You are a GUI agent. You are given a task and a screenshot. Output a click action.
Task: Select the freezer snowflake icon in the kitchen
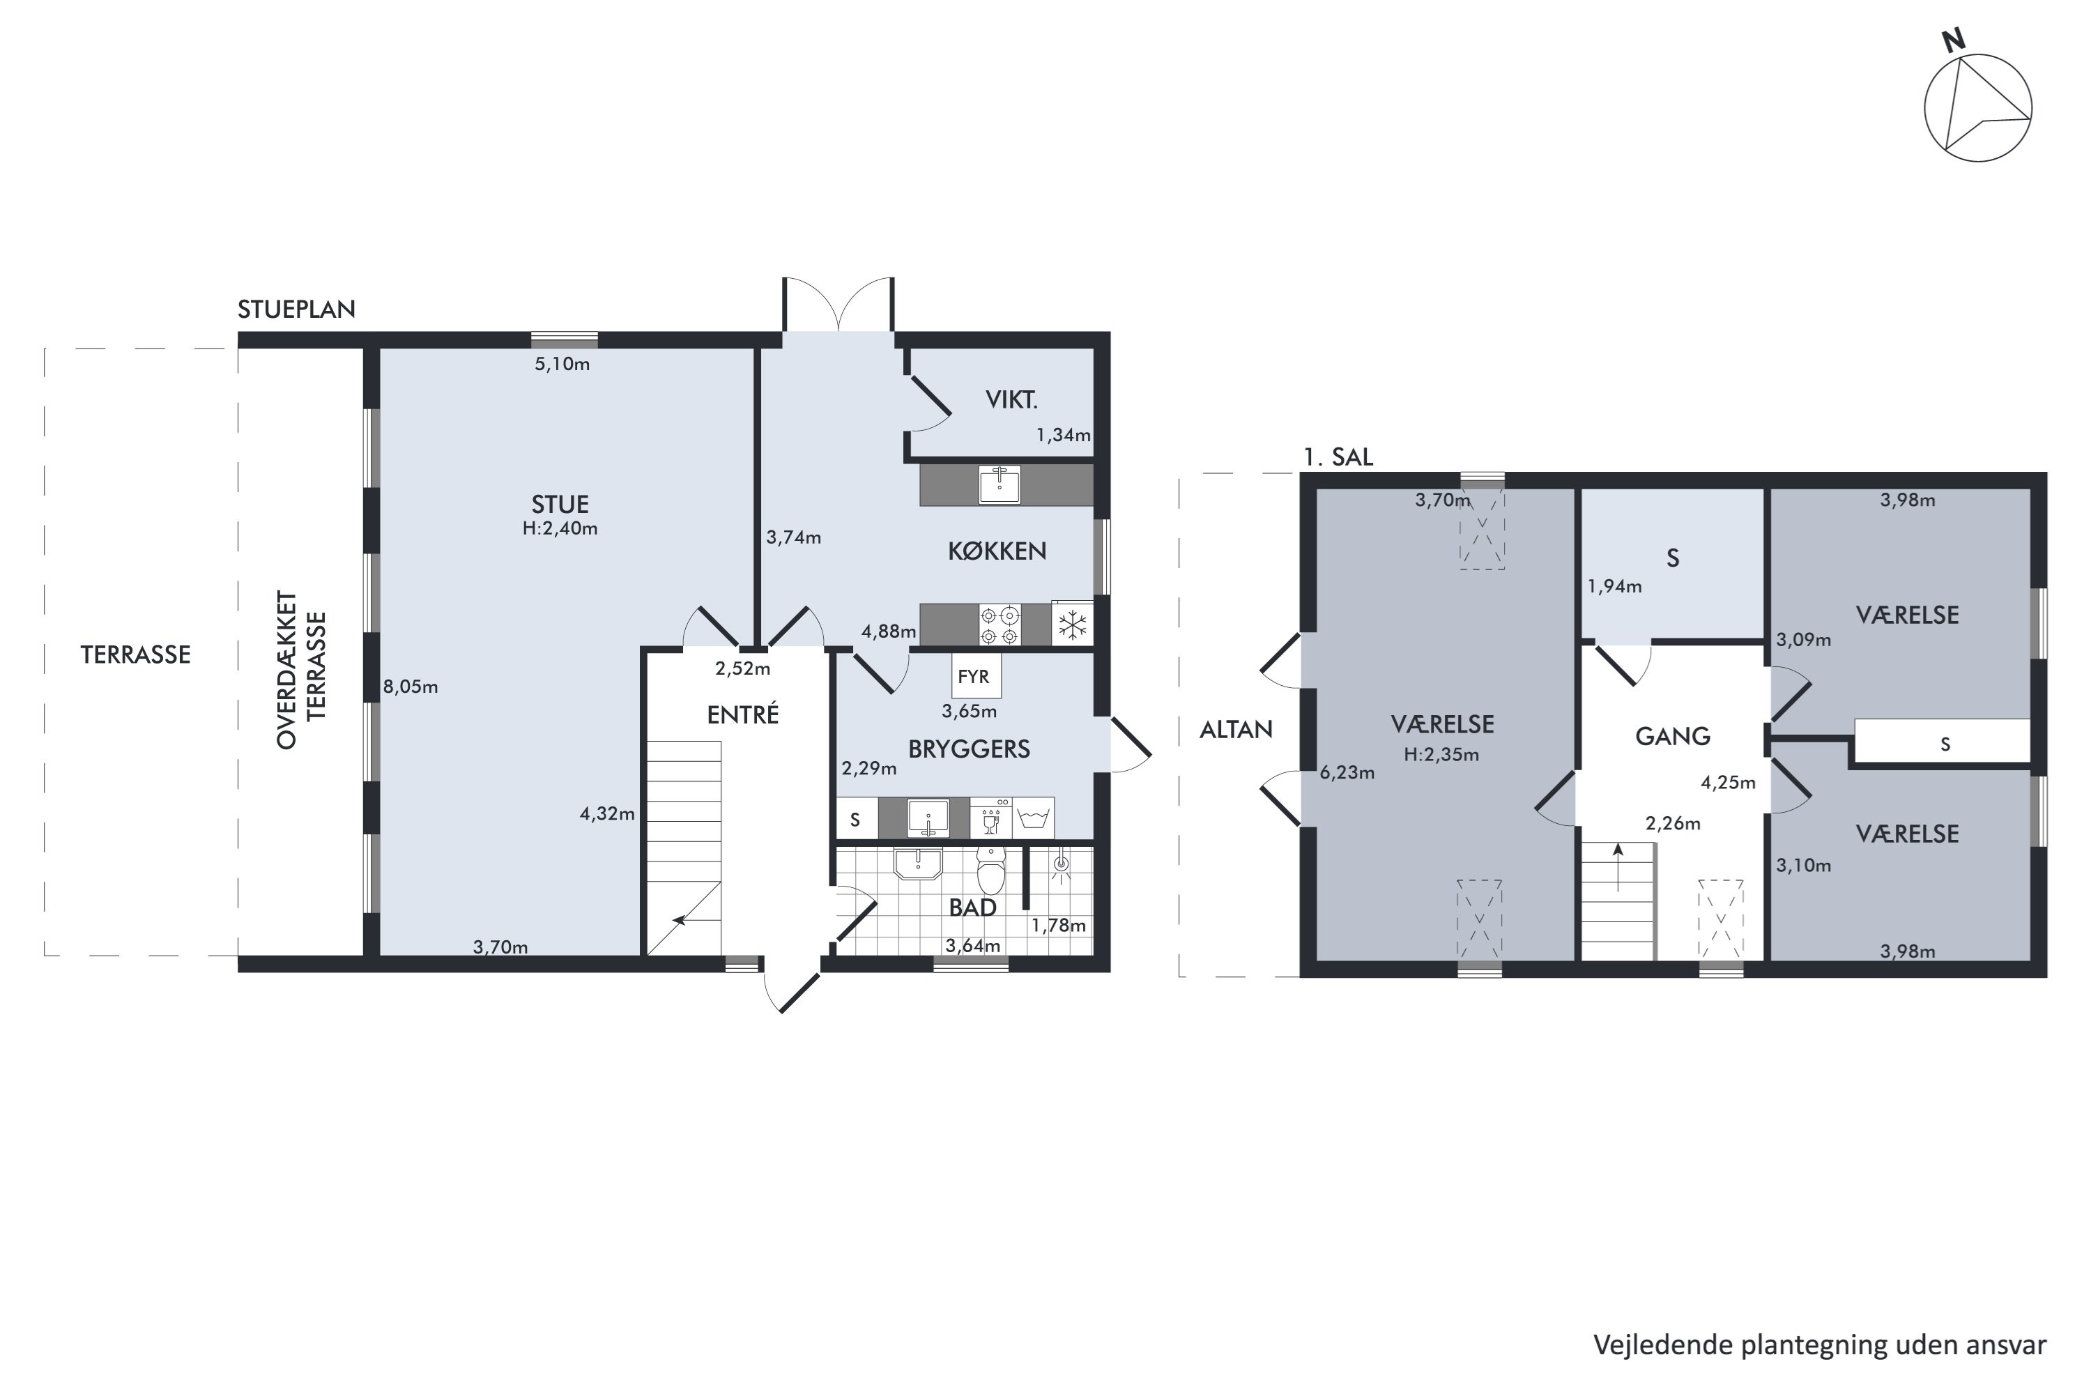1072,624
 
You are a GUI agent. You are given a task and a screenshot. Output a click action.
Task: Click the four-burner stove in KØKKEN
1000,624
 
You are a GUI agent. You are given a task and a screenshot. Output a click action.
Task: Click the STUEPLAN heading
296,309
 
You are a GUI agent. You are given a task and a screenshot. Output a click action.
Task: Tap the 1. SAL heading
1338,457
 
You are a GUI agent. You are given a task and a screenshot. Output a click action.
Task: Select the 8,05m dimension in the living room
411,687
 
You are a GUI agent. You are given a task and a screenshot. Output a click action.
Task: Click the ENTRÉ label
743,715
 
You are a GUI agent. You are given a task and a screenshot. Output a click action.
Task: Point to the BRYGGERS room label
969,749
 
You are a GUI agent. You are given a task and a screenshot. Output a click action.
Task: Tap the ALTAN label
1236,730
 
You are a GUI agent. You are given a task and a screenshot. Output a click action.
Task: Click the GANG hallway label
1672,736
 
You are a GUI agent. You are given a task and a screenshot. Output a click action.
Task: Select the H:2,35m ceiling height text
1442,755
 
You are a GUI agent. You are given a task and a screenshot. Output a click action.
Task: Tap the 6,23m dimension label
1347,772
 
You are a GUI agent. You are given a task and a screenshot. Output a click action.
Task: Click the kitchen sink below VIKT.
999,485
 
